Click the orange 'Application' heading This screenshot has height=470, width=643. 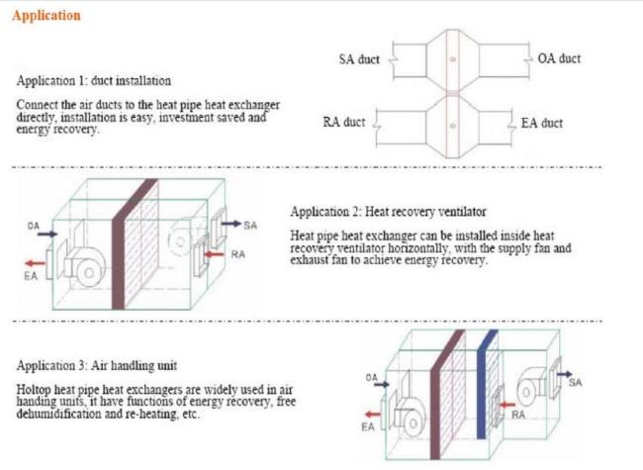[x=46, y=16]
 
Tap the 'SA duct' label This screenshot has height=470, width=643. [x=359, y=59]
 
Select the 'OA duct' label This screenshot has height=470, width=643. [x=559, y=58]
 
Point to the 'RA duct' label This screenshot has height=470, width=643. [x=343, y=122]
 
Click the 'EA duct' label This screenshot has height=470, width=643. [x=542, y=123]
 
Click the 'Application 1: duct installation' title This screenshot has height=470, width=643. [x=94, y=80]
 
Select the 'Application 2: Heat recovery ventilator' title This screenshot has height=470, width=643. [x=389, y=212]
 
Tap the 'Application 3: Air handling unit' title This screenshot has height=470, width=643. [x=97, y=365]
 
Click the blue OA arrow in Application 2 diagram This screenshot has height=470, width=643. [x=47, y=234]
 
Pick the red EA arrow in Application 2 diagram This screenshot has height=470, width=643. [x=36, y=263]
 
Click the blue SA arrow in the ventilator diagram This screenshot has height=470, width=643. [x=231, y=224]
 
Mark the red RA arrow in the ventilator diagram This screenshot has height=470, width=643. [x=215, y=254]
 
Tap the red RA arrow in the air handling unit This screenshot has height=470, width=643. [x=507, y=405]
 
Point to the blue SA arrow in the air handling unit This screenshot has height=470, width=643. [x=564, y=374]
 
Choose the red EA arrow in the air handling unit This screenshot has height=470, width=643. [x=373, y=415]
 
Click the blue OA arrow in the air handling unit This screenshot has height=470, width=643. [x=382, y=384]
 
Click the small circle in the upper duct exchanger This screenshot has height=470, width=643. [x=453, y=59]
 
